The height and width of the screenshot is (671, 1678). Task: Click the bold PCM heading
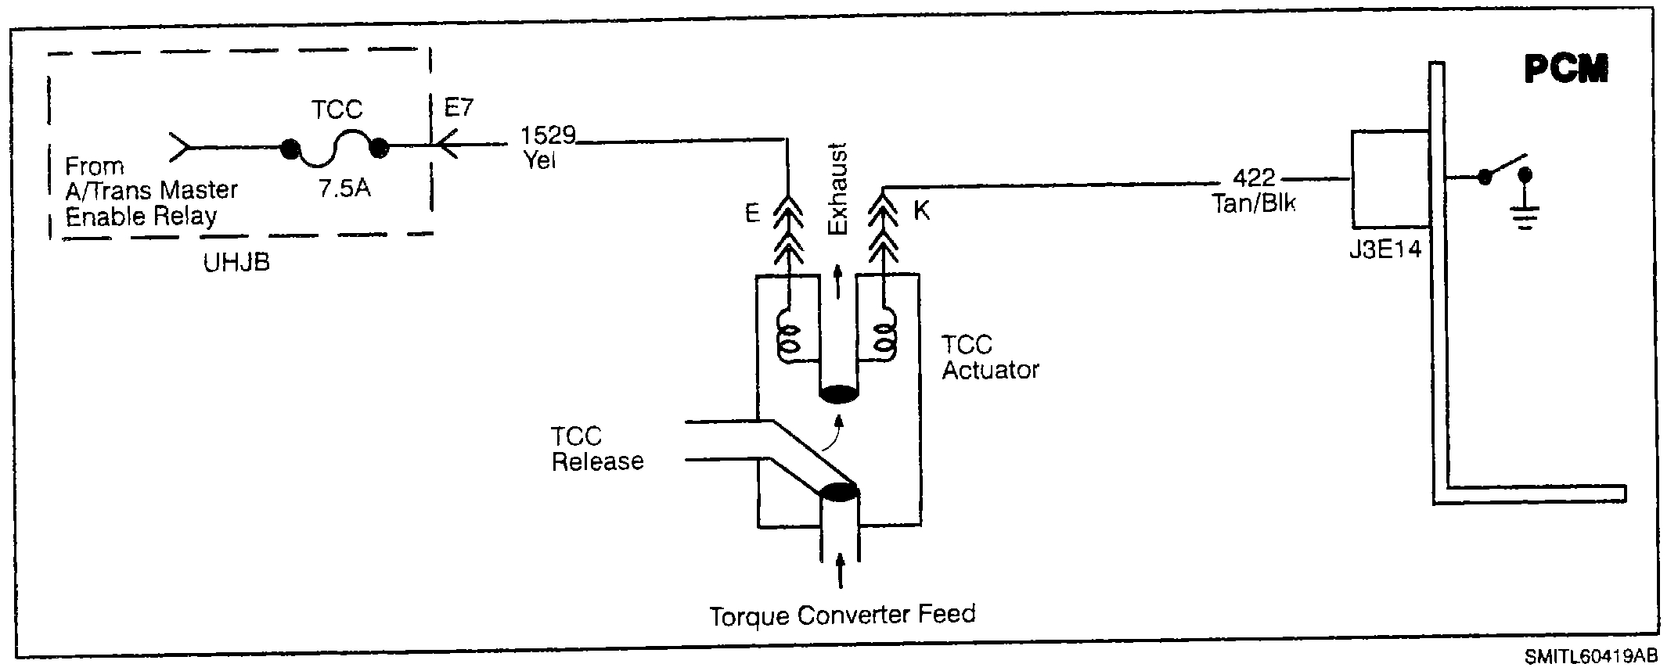click(x=1566, y=71)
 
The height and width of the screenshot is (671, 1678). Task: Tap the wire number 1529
click(x=548, y=136)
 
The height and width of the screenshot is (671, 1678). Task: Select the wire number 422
click(x=1254, y=178)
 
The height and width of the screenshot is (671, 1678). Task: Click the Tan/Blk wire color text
click(x=1254, y=203)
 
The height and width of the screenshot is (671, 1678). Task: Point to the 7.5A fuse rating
click(x=344, y=189)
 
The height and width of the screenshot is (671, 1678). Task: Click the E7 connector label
click(x=459, y=107)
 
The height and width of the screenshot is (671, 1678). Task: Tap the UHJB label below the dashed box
click(x=236, y=262)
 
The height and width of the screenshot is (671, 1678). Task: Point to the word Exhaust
click(x=837, y=188)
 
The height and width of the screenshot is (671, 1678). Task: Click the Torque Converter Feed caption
click(x=842, y=615)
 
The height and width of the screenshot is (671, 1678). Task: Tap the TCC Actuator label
click(x=989, y=357)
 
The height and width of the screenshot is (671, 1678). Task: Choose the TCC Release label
click(x=597, y=449)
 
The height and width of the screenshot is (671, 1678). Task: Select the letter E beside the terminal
click(x=752, y=213)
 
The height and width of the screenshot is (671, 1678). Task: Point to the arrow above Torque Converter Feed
click(x=841, y=571)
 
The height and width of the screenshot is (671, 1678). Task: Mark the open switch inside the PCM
click(x=1503, y=167)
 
